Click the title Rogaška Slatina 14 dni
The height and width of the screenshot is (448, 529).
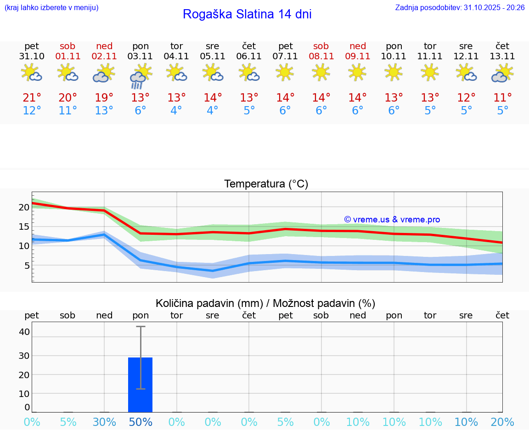[247, 14]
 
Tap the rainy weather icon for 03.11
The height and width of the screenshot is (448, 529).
[140, 75]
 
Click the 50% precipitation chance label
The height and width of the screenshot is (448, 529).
[141, 422]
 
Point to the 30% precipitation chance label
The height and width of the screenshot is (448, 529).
[104, 422]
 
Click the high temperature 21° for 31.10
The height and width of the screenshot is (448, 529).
[32, 97]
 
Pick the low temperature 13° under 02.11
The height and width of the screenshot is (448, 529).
[104, 111]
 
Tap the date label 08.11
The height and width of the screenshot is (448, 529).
[321, 57]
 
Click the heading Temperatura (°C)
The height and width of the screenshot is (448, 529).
[266, 184]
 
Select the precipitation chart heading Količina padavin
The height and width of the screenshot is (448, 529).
[265, 303]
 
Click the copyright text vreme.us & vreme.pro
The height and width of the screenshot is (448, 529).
[392, 220]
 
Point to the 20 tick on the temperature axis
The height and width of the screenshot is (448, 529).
[24, 207]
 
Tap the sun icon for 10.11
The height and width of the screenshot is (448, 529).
[394, 72]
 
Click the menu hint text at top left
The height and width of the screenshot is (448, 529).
[51, 8]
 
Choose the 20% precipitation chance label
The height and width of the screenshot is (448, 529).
[502, 422]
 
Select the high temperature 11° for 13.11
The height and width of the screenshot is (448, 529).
[502, 97]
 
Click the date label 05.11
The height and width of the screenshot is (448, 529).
[213, 57]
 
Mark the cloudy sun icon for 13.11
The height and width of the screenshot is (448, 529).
[502, 73]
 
